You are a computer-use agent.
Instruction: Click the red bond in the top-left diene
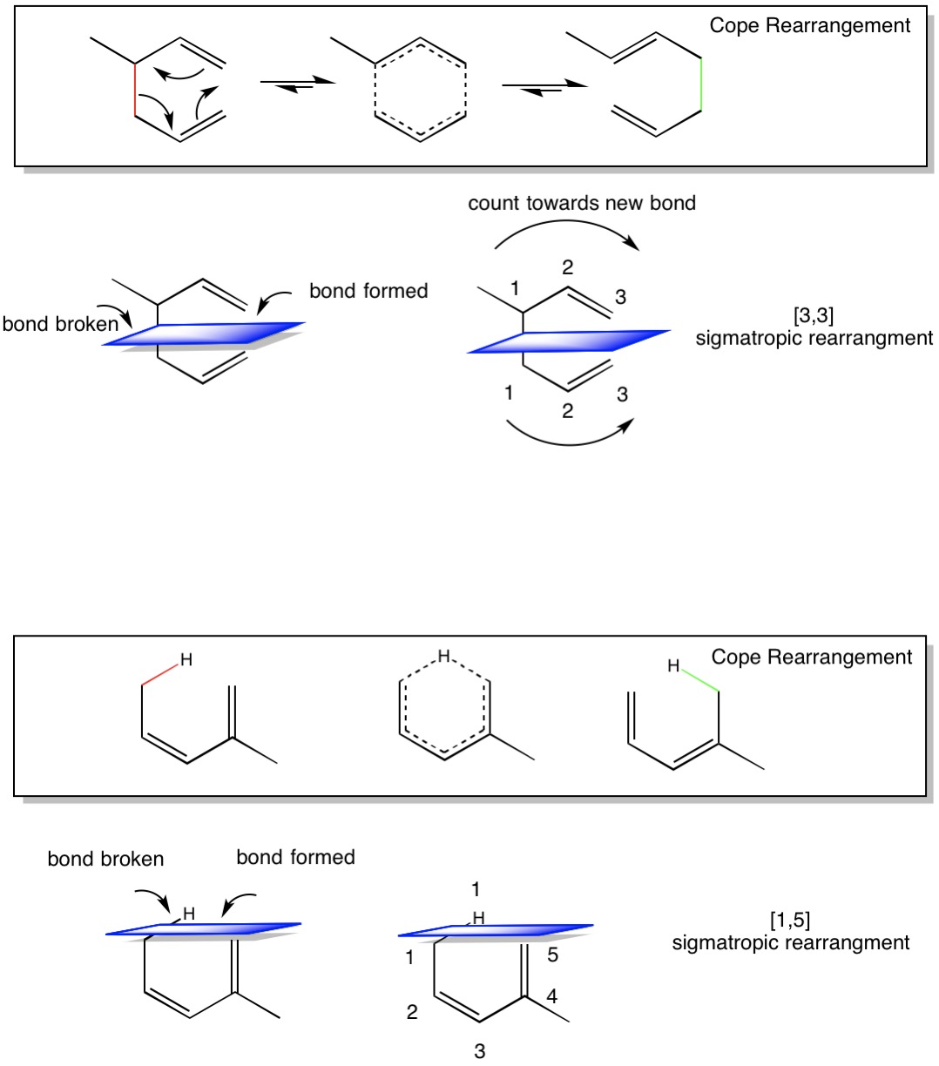(x=135, y=90)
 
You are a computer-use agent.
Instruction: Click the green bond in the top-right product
(x=701, y=84)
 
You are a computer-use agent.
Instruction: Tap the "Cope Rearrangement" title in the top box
(x=809, y=25)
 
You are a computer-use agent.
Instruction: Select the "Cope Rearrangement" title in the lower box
(x=811, y=657)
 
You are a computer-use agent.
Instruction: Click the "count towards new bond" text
(x=582, y=203)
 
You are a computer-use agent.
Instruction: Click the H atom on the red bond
(x=186, y=659)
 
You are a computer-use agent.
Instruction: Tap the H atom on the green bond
(x=673, y=665)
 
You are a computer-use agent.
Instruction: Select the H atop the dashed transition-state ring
(x=444, y=656)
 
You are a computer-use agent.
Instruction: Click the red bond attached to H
(x=160, y=675)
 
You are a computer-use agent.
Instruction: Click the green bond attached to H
(x=700, y=681)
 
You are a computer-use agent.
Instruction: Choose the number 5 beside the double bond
(x=552, y=955)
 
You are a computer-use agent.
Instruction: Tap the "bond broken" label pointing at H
(x=105, y=859)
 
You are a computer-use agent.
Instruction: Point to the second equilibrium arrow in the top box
(x=544, y=87)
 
